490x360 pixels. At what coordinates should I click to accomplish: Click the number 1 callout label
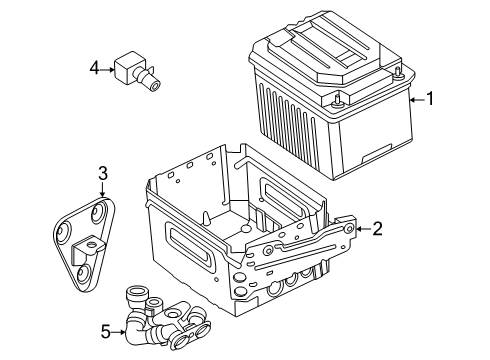[x=431, y=99]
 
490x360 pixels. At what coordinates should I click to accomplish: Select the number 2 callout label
[x=377, y=229]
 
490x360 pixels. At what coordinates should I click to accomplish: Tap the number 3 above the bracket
[x=102, y=177]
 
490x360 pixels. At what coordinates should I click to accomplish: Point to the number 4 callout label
[x=94, y=68]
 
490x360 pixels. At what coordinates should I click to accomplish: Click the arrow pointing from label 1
[x=415, y=99]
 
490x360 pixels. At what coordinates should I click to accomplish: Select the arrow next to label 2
[x=362, y=229]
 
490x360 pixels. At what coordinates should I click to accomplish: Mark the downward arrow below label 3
[x=102, y=193]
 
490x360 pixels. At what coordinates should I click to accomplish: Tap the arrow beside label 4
[x=108, y=68]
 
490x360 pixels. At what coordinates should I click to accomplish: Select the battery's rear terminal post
[x=399, y=70]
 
